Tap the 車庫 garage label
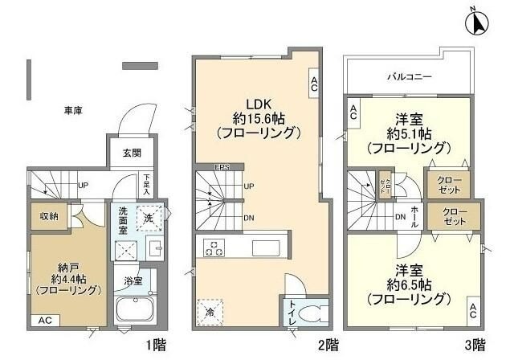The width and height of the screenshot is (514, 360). [73, 110]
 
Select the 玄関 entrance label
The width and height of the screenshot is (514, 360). [131, 153]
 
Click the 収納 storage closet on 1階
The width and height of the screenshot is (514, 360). [49, 215]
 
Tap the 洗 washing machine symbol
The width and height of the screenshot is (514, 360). [149, 217]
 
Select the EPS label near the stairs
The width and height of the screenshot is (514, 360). [222, 167]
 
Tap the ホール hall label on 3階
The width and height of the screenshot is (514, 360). [414, 215]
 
